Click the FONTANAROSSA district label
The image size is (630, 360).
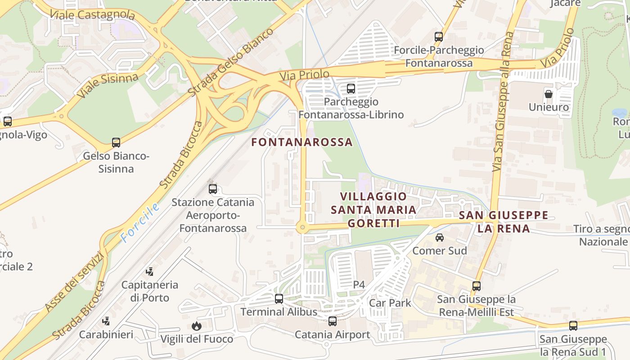pos(301,142)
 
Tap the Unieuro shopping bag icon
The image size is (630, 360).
pos(549,94)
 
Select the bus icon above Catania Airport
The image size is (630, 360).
pos(333,321)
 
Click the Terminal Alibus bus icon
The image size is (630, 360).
pos(279,299)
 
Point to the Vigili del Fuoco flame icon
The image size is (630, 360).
pos(197,326)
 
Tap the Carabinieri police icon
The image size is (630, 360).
pos(106,321)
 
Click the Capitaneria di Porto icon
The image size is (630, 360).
pos(150,271)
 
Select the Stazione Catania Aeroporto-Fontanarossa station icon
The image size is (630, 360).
pos(213,189)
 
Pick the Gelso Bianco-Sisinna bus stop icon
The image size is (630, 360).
pos(116,143)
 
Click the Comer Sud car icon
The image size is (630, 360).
pos(440,238)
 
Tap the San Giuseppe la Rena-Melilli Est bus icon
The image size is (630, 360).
pos(477,286)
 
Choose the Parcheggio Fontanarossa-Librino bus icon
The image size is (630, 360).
pos(351,89)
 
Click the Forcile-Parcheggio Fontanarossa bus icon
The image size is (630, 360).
pos(439,37)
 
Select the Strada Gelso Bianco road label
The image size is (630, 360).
pos(230,62)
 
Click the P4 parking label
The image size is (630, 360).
pos(359,284)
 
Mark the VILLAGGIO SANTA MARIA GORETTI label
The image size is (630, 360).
pos(373,210)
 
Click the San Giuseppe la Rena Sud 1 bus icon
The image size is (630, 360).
pos(573,325)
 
